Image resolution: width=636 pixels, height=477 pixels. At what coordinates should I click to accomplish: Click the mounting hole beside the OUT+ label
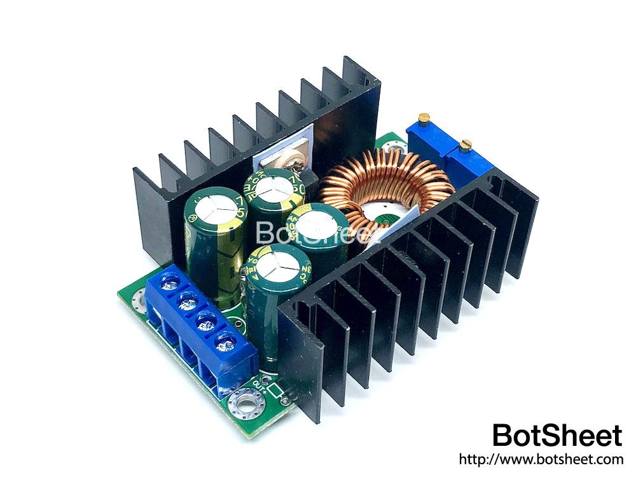tap(245, 403)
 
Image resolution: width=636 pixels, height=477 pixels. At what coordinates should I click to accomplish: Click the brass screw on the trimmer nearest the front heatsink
tap(466, 144)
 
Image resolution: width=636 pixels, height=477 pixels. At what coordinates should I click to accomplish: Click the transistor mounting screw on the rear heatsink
tap(276, 164)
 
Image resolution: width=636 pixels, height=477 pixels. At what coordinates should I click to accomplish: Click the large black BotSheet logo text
tap(557, 436)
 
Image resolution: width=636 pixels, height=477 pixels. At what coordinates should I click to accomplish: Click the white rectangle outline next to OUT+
tap(275, 390)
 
